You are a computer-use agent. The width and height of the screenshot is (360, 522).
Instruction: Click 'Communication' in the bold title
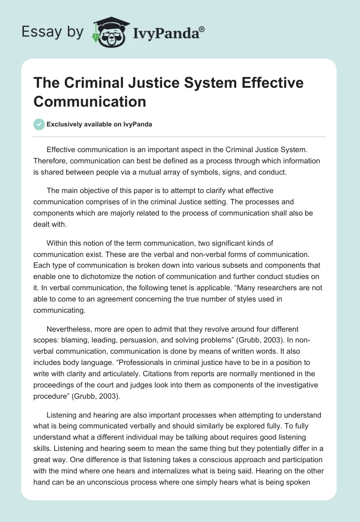tap(90, 101)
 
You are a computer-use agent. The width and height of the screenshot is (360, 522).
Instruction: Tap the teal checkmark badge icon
tap(40, 124)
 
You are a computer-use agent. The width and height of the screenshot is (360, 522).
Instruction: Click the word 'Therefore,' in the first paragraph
tap(52, 161)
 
